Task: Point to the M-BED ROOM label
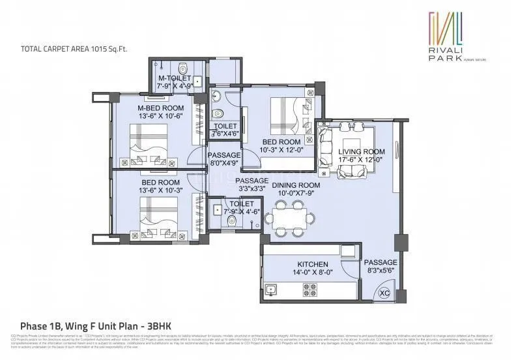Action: click(x=160, y=108)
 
